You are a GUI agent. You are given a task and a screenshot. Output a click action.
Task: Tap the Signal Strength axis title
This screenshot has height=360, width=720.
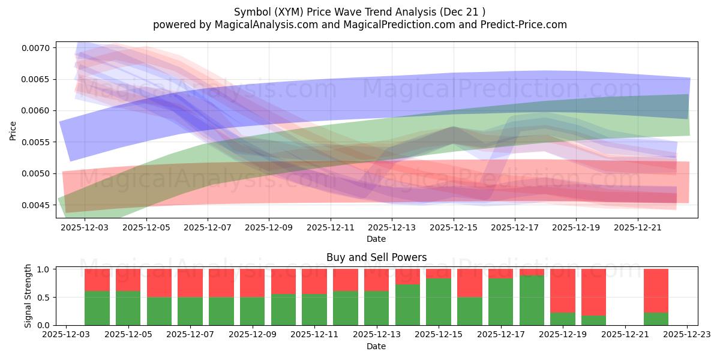tap(28, 296)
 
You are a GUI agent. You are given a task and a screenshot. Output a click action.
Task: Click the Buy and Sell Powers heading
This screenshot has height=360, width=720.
tap(376, 257)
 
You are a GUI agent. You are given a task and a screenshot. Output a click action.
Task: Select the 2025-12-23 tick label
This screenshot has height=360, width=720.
tap(687, 334)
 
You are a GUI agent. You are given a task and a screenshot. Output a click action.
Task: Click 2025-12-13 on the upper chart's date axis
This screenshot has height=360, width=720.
tap(392, 228)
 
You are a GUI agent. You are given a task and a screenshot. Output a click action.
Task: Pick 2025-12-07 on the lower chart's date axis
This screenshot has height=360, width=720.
tap(190, 334)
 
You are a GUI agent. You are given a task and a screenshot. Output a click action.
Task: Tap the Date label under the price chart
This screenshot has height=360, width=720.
tap(376, 239)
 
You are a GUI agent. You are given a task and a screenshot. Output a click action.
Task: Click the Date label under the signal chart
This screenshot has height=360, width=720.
tap(376, 346)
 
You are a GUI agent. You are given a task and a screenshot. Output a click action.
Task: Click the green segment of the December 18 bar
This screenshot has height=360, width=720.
tap(532, 300)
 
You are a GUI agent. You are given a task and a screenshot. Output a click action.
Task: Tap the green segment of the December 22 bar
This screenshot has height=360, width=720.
tap(656, 319)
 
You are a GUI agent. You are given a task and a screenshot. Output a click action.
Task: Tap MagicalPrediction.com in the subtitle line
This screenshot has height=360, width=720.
tap(401, 25)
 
